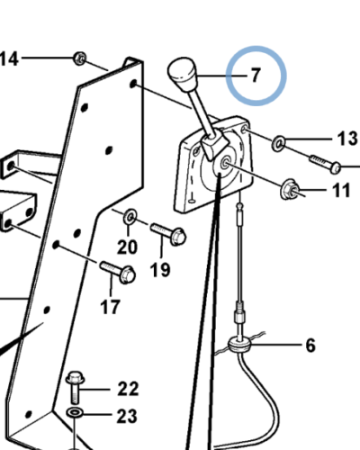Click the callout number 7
point(255,76)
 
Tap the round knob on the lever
point(182,72)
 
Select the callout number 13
point(347,139)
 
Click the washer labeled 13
point(278,143)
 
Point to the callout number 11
point(342,190)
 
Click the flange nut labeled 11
point(288,189)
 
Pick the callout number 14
point(9,58)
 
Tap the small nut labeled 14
point(80,58)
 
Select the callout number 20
point(128,247)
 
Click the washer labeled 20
point(130,216)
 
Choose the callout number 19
point(160,269)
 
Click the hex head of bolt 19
point(178,237)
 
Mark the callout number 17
point(110,307)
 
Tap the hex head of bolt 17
point(127,274)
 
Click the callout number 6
point(310,345)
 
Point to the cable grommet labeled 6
point(238,346)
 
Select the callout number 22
point(128,389)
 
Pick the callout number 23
point(127,417)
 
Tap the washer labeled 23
point(74,413)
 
